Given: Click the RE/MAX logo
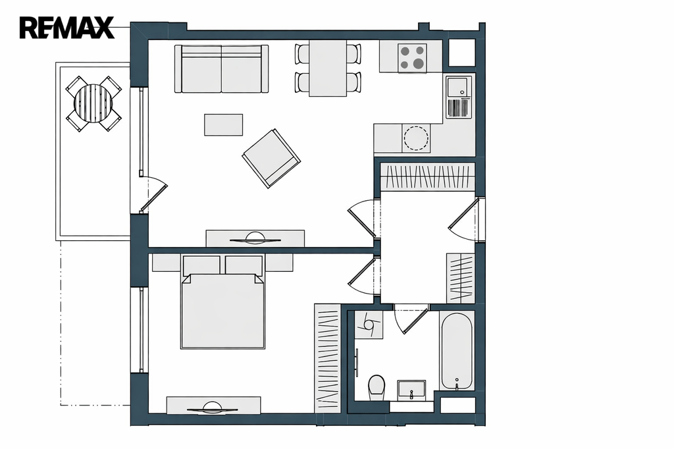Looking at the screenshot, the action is pyautogui.click(x=66, y=28).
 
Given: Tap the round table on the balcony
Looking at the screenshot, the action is pyautogui.click(x=93, y=103).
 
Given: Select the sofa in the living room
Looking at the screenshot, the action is pyautogui.click(x=221, y=69).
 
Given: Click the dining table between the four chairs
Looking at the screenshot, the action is pyautogui.click(x=328, y=68).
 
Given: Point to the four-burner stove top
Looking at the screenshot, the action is pyautogui.click(x=412, y=58).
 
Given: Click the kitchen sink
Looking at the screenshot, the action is pyautogui.click(x=459, y=88).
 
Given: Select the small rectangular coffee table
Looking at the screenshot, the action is pyautogui.click(x=224, y=124).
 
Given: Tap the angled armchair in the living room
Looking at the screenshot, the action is pyautogui.click(x=271, y=158).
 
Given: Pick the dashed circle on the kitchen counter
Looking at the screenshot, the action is pyautogui.click(x=416, y=138).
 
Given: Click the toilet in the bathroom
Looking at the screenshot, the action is pyautogui.click(x=377, y=386).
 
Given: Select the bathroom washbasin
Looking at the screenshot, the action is pyautogui.click(x=411, y=389).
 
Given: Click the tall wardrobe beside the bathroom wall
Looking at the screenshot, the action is pyautogui.click(x=327, y=358).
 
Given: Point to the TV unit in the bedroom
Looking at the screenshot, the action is pyautogui.click(x=214, y=406).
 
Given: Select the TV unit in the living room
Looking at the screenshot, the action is pyautogui.click(x=255, y=239).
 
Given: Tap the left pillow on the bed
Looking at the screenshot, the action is pyautogui.click(x=201, y=265).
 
